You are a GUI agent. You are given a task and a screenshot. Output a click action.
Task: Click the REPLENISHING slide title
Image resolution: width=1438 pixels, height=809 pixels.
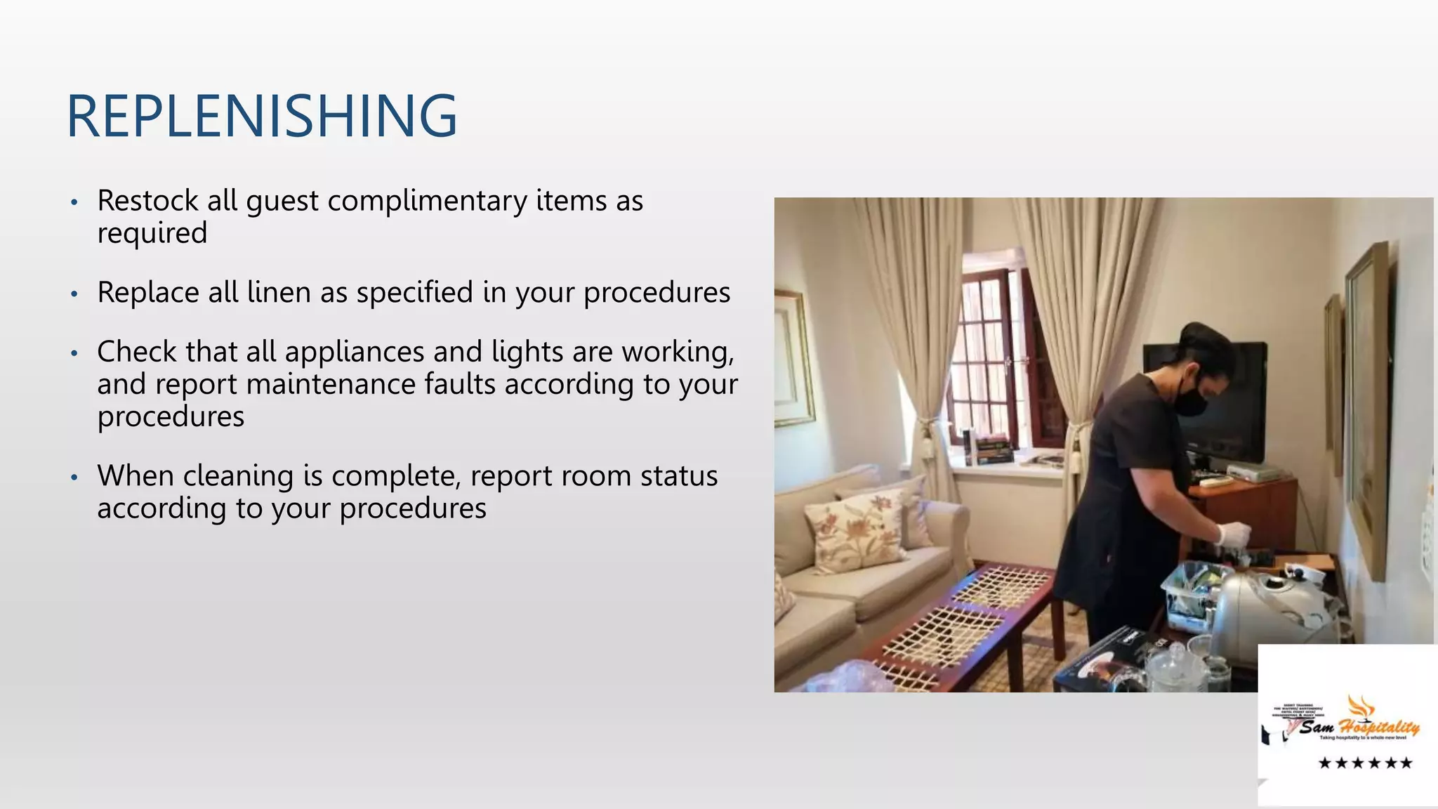[x=262, y=116]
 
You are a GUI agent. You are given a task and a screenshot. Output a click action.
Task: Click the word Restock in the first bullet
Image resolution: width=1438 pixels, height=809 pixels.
[x=147, y=201]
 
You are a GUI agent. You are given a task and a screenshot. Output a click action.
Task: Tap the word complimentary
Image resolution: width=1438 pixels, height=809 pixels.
[x=427, y=201]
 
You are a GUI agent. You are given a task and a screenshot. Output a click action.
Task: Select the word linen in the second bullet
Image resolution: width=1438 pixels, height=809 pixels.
[x=279, y=292]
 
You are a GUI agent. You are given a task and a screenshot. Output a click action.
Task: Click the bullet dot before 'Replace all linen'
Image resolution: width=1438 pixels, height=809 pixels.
[x=74, y=294]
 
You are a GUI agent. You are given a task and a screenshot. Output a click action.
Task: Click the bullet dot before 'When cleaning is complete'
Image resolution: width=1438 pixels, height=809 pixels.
[x=74, y=478]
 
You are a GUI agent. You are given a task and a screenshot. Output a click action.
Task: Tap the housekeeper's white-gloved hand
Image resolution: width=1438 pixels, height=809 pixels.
[x=1234, y=534]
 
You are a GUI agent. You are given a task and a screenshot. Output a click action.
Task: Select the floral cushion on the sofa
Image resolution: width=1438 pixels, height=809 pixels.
[x=857, y=530]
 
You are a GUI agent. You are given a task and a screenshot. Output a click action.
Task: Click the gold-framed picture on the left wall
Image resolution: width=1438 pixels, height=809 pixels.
[x=794, y=358]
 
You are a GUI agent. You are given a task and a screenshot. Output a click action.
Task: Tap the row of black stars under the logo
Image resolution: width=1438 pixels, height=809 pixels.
[x=1365, y=763]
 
